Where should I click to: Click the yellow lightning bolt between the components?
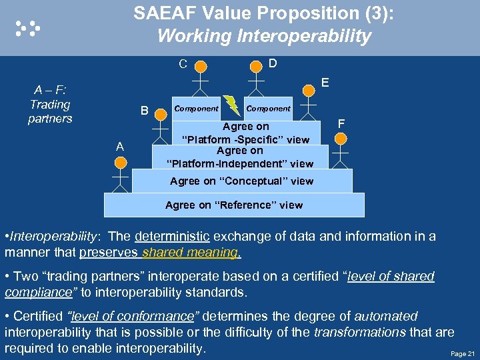coord(231,105)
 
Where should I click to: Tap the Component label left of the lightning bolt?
coord(196,108)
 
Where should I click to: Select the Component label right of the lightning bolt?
coord(268,108)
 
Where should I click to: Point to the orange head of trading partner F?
coord(340,139)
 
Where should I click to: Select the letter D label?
coord(273,63)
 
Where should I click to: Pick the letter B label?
coord(143,111)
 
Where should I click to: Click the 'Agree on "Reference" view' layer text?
coord(234,205)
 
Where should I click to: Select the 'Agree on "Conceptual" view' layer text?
coord(241,181)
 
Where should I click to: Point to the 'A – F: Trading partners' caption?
coord(50,104)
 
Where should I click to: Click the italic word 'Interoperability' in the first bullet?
coord(51,236)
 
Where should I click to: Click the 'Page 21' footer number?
coord(463,353)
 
